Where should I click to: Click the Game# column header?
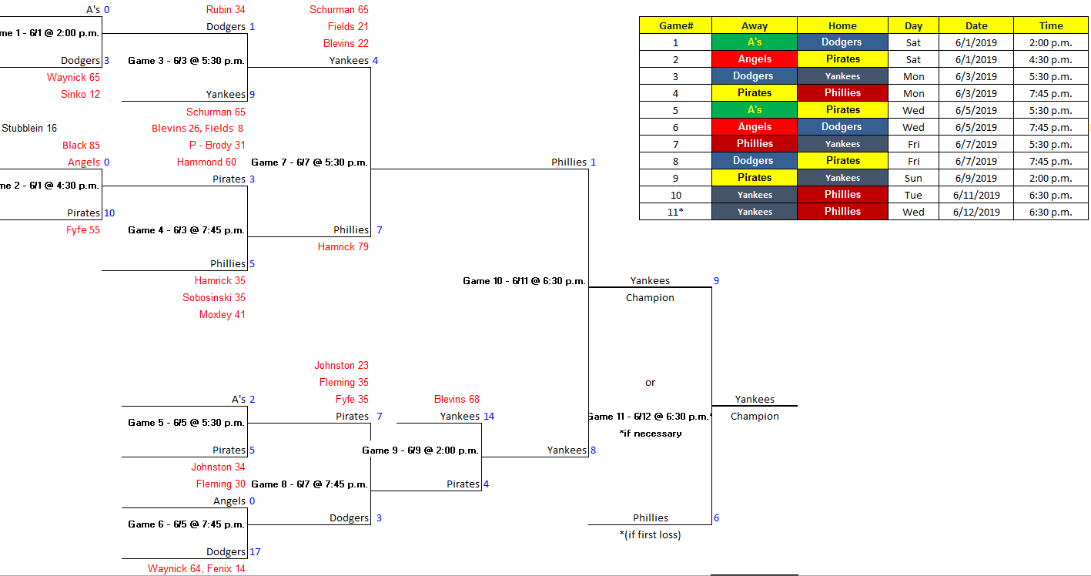click(675, 25)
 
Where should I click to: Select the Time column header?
click(1050, 25)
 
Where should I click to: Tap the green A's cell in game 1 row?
click(754, 42)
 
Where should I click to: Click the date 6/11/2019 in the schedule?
click(976, 195)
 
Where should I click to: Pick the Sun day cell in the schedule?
click(913, 178)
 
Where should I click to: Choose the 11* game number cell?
click(675, 212)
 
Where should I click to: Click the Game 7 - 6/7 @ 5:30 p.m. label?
click(310, 162)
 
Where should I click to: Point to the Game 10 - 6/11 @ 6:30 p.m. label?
click(524, 281)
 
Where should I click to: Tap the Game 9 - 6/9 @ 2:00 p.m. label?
click(420, 450)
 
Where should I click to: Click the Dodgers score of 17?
click(255, 552)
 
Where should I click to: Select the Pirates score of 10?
click(109, 213)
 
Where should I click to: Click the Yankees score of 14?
click(488, 417)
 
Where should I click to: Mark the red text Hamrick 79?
click(343, 247)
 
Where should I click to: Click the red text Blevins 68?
click(457, 400)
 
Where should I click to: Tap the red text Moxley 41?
click(222, 315)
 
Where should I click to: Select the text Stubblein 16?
click(29, 129)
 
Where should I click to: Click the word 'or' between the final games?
click(650, 383)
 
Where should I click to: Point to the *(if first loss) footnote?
click(650, 535)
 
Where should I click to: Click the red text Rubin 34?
click(226, 10)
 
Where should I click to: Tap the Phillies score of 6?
click(716, 518)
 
